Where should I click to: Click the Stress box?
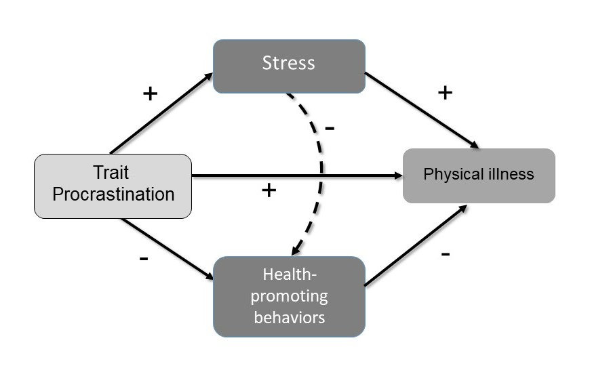click(289, 66)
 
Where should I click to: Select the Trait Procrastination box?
click(113, 186)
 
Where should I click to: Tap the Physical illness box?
click(479, 175)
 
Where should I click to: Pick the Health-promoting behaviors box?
click(289, 296)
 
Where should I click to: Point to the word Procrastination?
click(113, 194)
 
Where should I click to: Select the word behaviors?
click(290, 316)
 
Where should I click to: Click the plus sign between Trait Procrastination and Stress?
click(151, 93)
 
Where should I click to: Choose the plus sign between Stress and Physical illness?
click(445, 92)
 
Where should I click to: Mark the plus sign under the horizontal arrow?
click(269, 190)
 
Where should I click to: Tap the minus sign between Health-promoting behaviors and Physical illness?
click(446, 254)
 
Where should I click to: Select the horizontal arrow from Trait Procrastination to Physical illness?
click(298, 176)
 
